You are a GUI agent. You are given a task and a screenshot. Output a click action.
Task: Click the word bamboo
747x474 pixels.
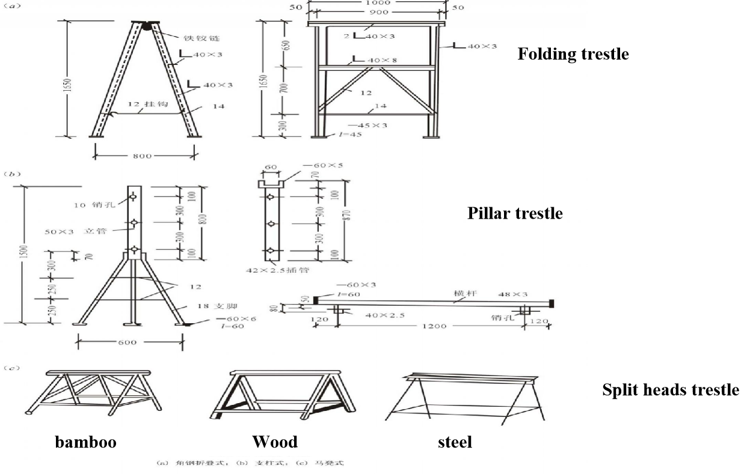[x=86, y=443]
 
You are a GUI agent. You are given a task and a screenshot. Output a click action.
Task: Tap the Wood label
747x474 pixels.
[x=275, y=443]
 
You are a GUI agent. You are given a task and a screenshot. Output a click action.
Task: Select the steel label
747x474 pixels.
[x=455, y=443]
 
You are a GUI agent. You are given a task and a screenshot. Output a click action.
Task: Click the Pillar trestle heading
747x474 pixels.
[x=515, y=213]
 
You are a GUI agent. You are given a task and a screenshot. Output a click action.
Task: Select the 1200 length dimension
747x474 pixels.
[x=434, y=326]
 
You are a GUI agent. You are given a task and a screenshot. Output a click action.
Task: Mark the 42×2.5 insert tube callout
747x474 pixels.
[x=277, y=270]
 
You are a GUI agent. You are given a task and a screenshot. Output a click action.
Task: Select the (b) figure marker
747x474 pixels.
[x=12, y=174]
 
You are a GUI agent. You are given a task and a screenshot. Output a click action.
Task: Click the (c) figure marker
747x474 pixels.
[x=12, y=368]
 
